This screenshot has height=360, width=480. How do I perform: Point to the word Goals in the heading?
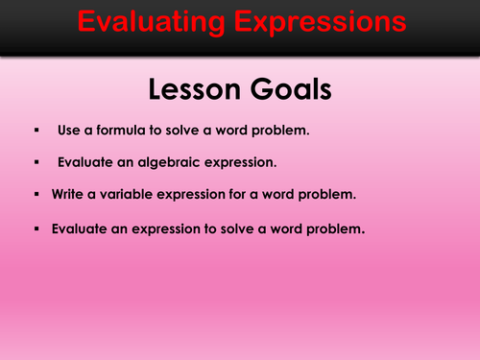coord(288,89)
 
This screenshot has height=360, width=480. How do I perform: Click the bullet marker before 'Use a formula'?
coord(36,128)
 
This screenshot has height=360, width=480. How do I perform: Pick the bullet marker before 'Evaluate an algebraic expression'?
coord(36,161)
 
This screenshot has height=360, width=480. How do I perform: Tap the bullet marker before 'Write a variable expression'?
coord(36,195)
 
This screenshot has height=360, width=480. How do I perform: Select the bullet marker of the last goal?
coord(36,228)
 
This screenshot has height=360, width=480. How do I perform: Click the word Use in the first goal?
coord(71,128)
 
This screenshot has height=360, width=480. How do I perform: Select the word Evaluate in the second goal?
coord(84,161)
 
